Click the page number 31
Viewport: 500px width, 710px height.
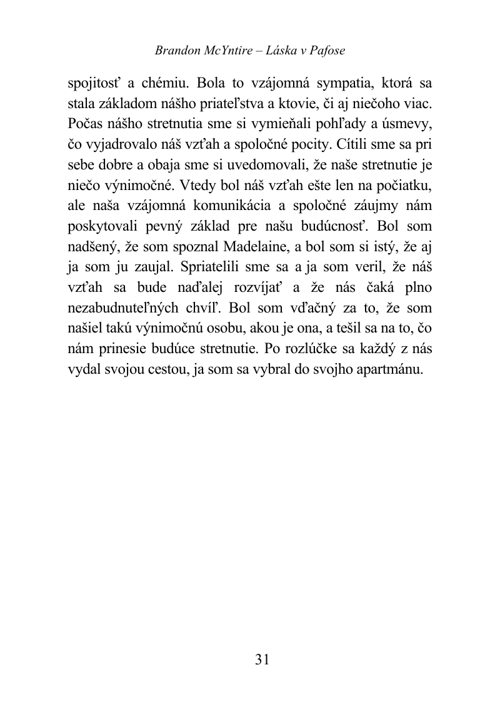[x=262, y=660]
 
